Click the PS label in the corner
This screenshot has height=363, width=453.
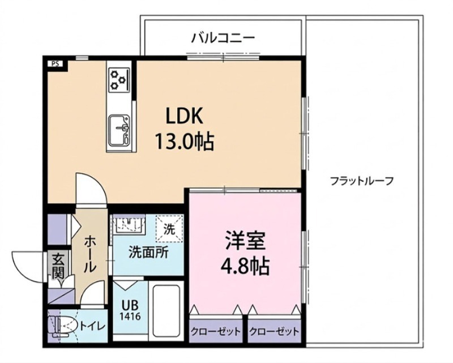(x=55, y=63)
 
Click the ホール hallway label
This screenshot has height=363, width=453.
(x=89, y=255)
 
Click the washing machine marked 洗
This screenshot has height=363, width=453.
(x=170, y=229)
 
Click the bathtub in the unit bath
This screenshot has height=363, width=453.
(x=166, y=311)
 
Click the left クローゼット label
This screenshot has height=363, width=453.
(x=216, y=331)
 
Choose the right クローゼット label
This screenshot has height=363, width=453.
(x=273, y=331)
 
